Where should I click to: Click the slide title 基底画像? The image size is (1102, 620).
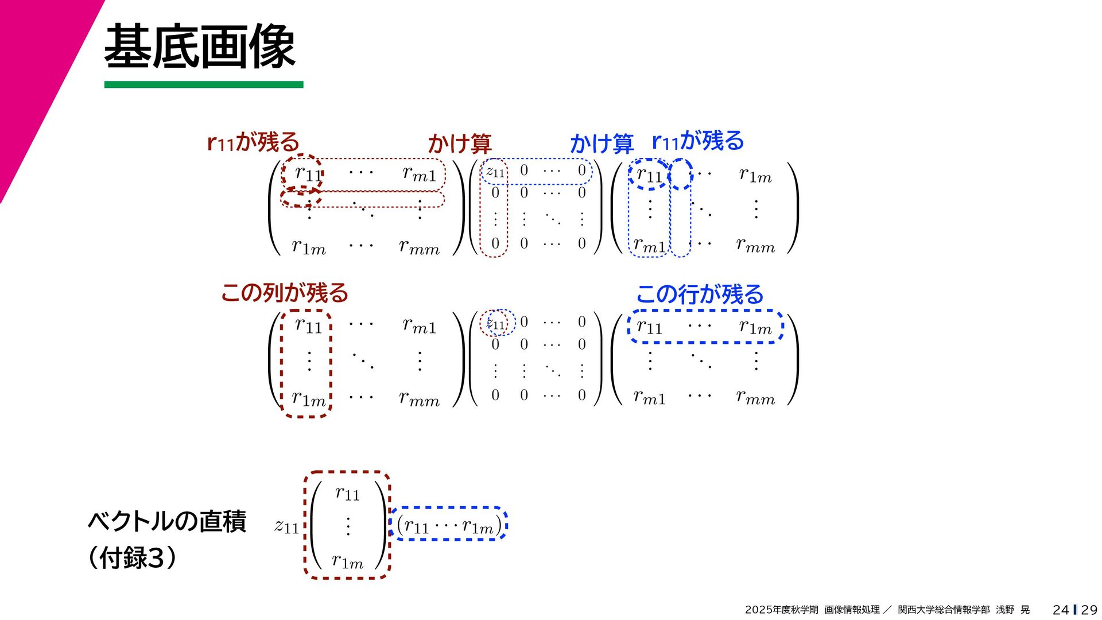coord(199,46)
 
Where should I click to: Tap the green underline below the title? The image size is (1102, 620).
coord(204,84)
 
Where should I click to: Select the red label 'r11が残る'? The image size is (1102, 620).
coord(253,141)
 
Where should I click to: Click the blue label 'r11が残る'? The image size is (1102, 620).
coord(697,141)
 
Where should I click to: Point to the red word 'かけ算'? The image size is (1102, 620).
coord(459,144)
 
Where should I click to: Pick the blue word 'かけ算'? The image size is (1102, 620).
coord(601,144)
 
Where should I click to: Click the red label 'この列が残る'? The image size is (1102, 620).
coord(285,293)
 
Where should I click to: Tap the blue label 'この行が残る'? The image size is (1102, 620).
coord(700,294)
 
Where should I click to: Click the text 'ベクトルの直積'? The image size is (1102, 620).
coord(167,521)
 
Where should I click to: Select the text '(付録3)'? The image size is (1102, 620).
coord(133,557)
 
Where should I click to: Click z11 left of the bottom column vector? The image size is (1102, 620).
coord(286,526)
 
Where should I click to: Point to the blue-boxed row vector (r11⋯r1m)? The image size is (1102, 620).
coord(449,525)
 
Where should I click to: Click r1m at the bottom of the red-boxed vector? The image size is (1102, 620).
coord(348,561)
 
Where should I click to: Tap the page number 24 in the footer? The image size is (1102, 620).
coord(1061,610)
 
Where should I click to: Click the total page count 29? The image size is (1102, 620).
coord(1089,610)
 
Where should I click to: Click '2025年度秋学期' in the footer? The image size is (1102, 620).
coord(781,610)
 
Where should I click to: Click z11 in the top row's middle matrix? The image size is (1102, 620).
coord(495,172)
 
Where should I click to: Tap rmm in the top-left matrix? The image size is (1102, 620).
coord(419,247)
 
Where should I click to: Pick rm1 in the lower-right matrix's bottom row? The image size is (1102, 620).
coord(649,397)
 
